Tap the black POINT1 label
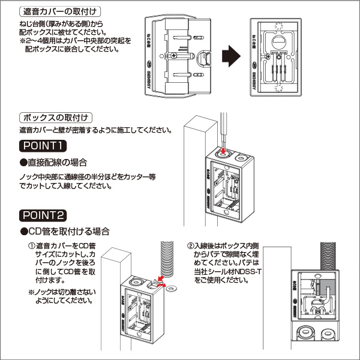43,145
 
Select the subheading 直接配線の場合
58,163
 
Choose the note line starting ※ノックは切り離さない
62,292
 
